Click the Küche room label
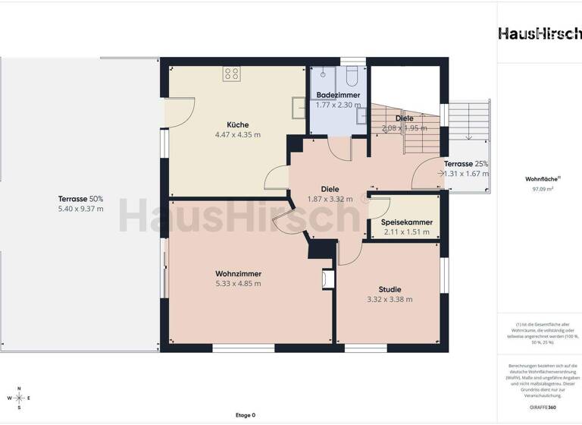pos(237,124)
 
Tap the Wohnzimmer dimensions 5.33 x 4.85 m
pos(237,284)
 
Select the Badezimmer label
pos(338,95)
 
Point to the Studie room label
pos(390,289)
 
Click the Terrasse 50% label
pos(81,199)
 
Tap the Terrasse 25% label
pos(465,164)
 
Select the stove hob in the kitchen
pos(232,74)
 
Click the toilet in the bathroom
pos(352,76)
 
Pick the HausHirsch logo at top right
pos(540,33)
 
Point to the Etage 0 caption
pos(245,415)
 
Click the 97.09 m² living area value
pos(539,189)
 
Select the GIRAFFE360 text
pos(540,408)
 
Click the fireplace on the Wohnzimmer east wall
pos(327,279)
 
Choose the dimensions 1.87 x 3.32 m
pos(330,199)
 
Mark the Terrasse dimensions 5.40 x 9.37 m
pos(81,209)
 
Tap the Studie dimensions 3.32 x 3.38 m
pos(390,299)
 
